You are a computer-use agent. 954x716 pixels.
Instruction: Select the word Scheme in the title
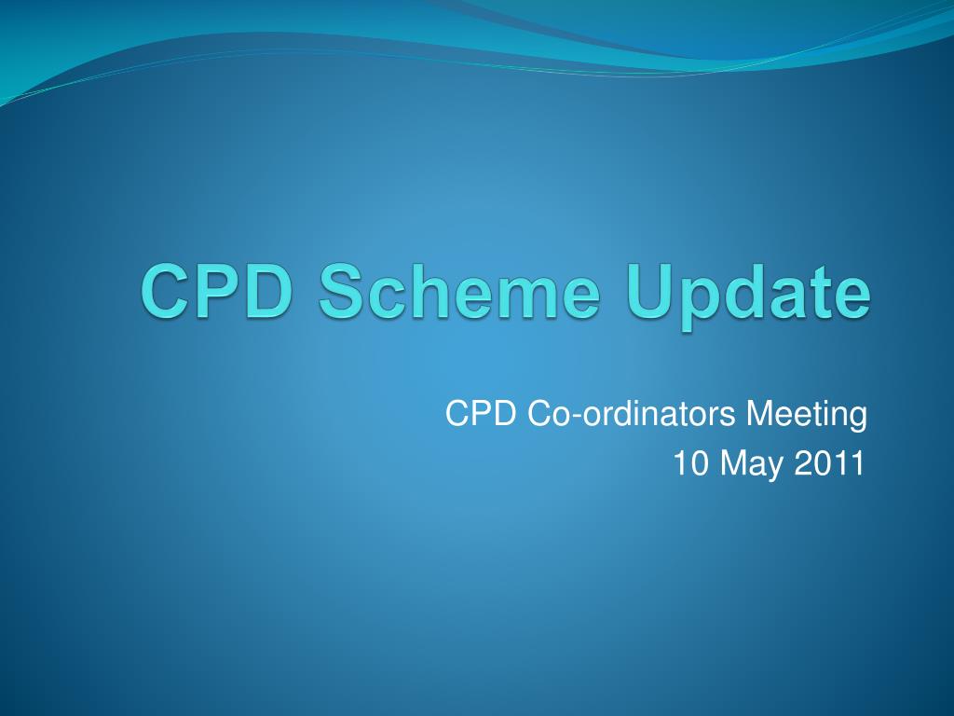[460, 290]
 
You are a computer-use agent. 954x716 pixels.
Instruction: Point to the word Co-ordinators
[632, 413]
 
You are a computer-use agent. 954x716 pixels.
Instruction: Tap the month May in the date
[752, 466]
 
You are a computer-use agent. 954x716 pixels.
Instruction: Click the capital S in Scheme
[344, 291]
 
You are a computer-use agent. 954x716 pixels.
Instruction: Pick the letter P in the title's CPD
[219, 291]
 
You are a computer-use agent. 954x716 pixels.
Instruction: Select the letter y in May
[774, 470]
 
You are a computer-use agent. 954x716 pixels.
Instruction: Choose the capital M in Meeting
[760, 413]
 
